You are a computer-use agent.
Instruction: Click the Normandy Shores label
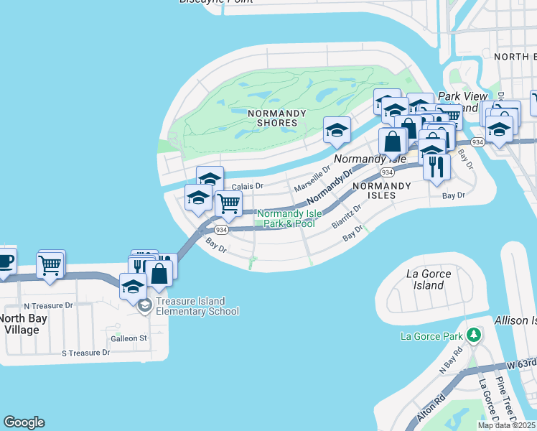pyautogui.click(x=276, y=118)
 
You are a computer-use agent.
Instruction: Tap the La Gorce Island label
pyautogui.click(x=429, y=279)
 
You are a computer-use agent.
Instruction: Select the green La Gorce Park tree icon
pyautogui.click(x=473, y=335)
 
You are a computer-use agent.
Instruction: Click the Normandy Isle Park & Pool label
pyautogui.click(x=286, y=218)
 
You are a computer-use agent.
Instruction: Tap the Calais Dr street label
pyautogui.click(x=245, y=185)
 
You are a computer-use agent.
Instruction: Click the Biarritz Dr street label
pyautogui.click(x=347, y=215)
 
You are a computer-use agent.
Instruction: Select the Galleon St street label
pyautogui.click(x=129, y=338)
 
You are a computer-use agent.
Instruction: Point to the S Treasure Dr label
pyautogui.click(x=85, y=353)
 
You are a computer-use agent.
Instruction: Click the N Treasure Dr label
pyautogui.click(x=48, y=305)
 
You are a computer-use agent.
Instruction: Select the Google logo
pyautogui.click(x=24, y=422)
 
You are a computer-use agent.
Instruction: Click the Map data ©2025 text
pyautogui.click(x=506, y=425)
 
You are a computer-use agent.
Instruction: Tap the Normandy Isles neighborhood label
pyautogui.click(x=381, y=190)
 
